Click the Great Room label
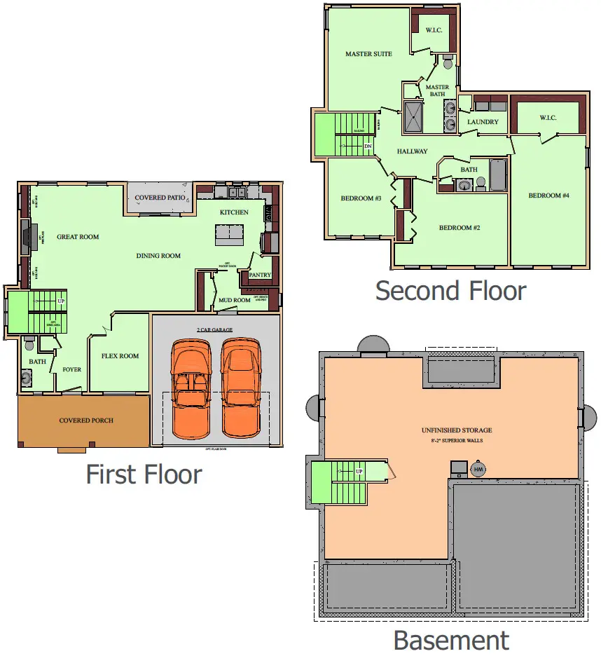tap(78, 237)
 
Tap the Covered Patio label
tap(160, 198)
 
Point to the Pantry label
tap(260, 275)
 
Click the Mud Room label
tap(235, 300)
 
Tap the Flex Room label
tap(120, 356)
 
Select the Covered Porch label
tap(85, 421)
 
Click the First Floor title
tap(144, 474)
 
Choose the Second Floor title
tap(450, 290)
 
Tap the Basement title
tap(451, 640)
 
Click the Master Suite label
tap(368, 54)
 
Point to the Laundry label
tap(483, 122)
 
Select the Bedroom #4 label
tap(548, 196)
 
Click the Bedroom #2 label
tap(459, 228)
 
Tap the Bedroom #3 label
tap(361, 198)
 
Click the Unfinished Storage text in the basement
tap(456, 430)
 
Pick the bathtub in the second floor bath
tap(497, 175)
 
